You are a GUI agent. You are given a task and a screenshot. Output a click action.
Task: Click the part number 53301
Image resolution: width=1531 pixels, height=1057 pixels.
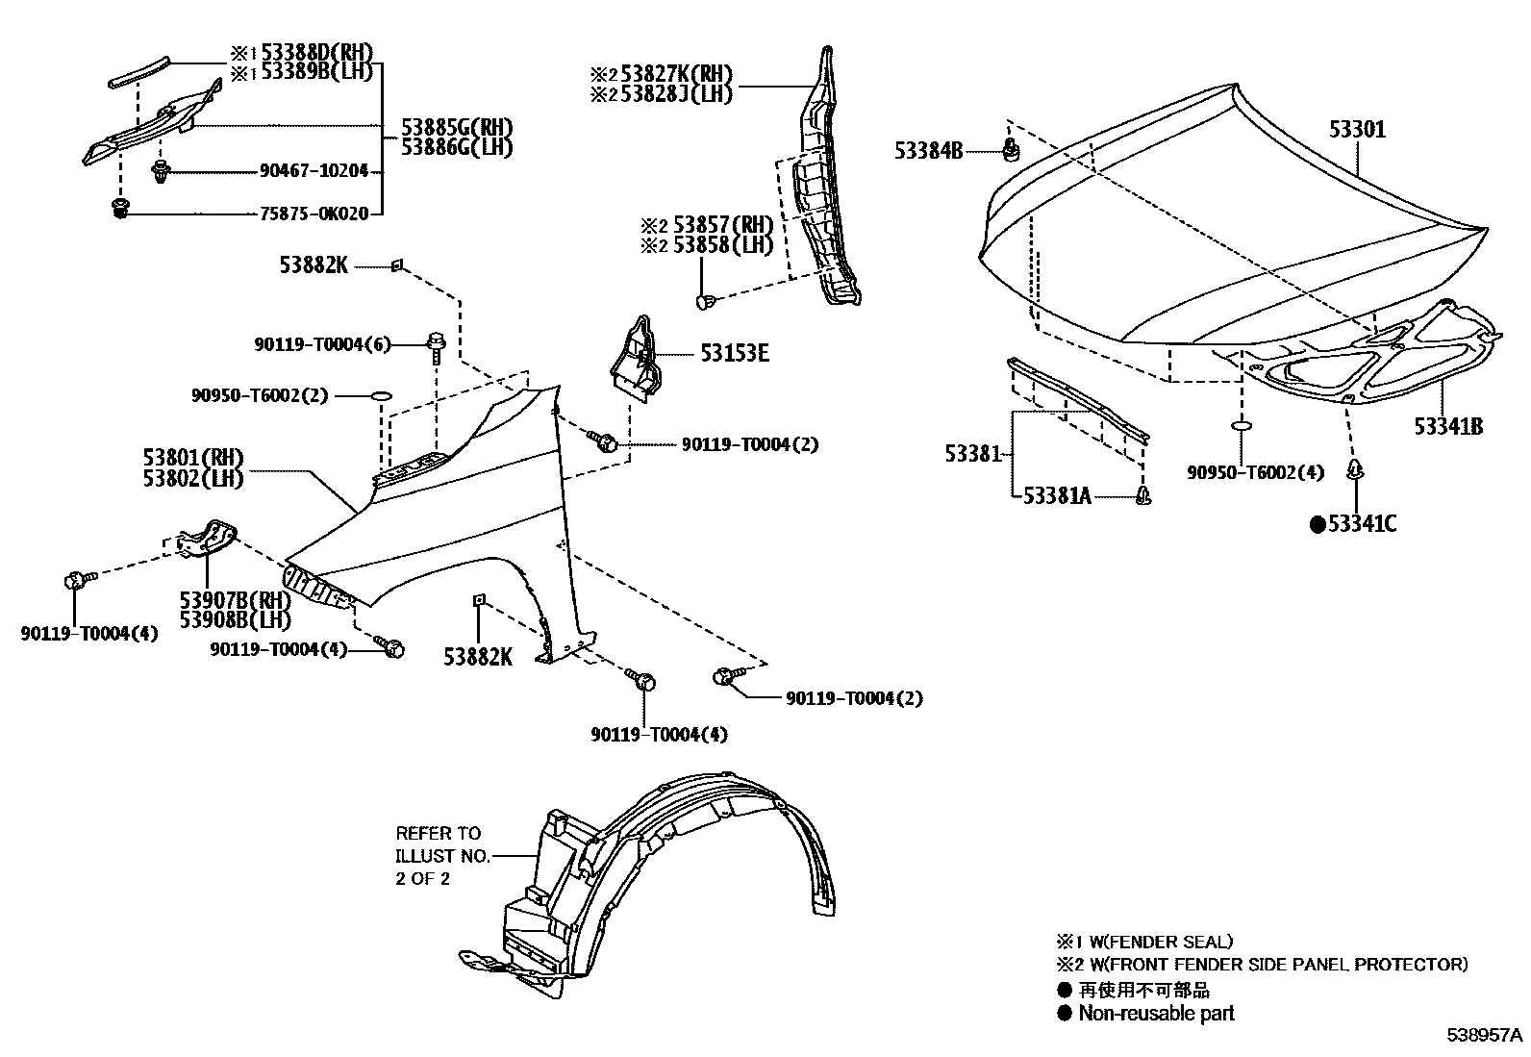(x=1358, y=129)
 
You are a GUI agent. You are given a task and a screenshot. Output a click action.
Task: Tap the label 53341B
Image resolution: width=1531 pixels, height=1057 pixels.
(x=1447, y=426)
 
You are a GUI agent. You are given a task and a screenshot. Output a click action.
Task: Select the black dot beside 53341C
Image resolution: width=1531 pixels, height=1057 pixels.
(x=1318, y=524)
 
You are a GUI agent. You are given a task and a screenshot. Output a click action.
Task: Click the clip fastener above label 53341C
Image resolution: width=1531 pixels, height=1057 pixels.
(x=1356, y=470)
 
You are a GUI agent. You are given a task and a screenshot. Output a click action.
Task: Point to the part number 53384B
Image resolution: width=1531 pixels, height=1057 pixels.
(x=928, y=151)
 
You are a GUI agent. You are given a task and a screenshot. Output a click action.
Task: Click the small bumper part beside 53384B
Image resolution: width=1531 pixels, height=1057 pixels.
(x=1011, y=149)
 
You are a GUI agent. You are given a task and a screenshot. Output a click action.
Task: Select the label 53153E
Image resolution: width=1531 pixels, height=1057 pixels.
(x=735, y=354)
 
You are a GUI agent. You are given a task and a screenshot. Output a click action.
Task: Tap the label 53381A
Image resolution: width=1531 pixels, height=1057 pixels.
(x=1057, y=495)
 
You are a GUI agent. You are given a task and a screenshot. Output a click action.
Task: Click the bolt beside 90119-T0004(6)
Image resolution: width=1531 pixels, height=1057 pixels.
(x=436, y=345)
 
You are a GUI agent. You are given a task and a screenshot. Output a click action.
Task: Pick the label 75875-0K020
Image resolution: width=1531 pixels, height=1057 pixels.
(x=314, y=214)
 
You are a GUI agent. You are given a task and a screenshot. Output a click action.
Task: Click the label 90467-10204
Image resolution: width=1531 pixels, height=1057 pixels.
(x=314, y=171)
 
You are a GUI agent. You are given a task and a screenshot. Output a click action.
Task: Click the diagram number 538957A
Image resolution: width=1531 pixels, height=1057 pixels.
(x=1486, y=1036)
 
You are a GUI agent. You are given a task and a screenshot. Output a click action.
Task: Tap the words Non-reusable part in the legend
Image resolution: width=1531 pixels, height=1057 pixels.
(x=1156, y=1013)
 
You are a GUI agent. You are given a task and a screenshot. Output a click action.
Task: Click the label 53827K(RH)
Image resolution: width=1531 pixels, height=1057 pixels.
(x=676, y=74)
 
